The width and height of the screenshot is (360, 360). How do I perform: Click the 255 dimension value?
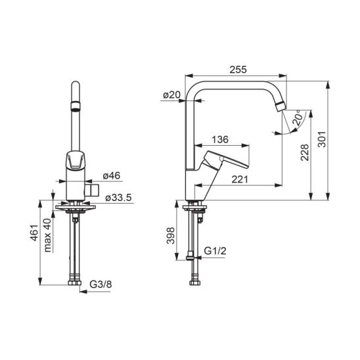238,70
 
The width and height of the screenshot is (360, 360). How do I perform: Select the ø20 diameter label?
171,95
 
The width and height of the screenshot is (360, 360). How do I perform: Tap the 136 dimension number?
220,139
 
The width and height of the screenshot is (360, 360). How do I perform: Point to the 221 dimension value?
240,179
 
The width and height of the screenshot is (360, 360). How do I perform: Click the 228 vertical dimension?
305,152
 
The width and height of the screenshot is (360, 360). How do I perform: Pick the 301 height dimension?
322,139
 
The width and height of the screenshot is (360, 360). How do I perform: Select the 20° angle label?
298,118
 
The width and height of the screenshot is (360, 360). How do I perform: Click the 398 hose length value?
171,236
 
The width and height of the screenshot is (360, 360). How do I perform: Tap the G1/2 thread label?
215,251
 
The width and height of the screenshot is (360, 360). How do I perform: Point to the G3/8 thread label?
101,284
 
